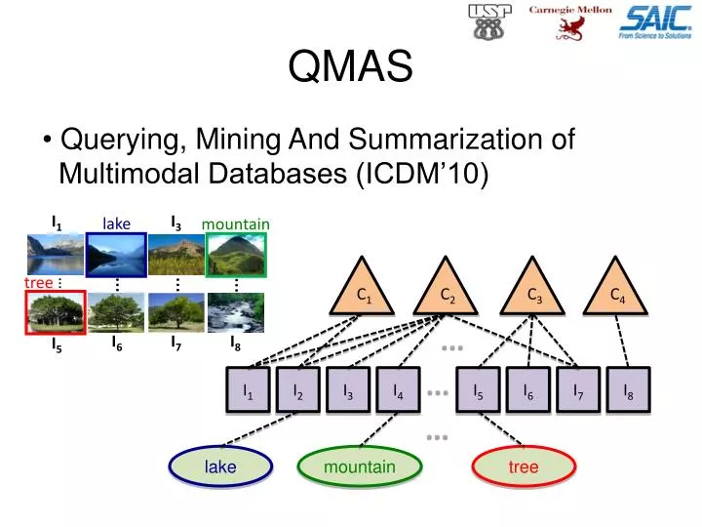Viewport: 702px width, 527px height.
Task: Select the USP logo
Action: click(490, 21)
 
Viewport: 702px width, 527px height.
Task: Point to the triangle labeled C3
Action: click(532, 292)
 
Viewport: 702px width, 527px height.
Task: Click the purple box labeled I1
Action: click(249, 391)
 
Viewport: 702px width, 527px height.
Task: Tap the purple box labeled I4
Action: click(399, 391)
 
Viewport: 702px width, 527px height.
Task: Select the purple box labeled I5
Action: click(479, 391)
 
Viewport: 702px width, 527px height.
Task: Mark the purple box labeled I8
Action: click(628, 391)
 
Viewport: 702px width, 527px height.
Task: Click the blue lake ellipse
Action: click(220, 467)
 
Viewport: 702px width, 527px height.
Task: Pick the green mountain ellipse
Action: click(360, 467)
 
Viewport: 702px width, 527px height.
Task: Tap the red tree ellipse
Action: click(524, 467)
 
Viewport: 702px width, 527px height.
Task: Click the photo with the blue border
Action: click(116, 255)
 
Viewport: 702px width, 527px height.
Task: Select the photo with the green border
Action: click(236, 255)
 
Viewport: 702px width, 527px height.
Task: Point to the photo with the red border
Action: click(54, 313)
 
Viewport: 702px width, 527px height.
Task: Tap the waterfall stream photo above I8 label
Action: click(236, 313)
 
